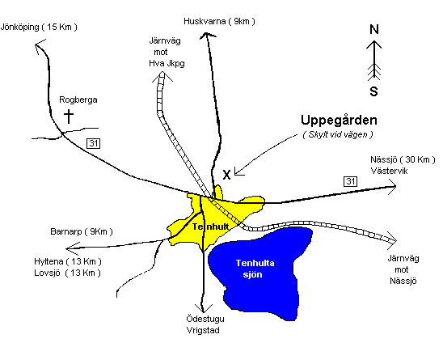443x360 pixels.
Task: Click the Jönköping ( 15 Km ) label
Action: coord(39,28)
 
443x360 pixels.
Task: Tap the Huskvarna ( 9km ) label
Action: coord(219,21)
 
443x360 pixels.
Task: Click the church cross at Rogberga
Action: coord(69,116)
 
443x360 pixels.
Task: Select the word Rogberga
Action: coord(78,100)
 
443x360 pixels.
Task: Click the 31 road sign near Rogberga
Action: coord(94,144)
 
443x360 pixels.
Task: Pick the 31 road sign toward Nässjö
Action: coord(351,181)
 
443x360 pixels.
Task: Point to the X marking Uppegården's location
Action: coord(226,175)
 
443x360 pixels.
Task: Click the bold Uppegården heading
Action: coord(339,121)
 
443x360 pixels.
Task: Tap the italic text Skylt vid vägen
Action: coord(338,134)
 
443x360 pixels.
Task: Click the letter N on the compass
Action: coord(374,29)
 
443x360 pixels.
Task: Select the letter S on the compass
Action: coord(373,91)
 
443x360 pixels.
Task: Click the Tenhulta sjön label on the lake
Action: coord(255,269)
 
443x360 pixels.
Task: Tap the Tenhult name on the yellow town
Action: coord(210,227)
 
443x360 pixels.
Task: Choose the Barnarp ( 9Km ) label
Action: coord(82,232)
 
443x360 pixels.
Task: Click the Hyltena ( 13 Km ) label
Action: coord(68,261)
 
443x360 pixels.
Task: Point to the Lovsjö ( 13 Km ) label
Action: coord(67,273)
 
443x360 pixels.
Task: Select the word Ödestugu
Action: coord(205,319)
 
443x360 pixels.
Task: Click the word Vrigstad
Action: coord(203,330)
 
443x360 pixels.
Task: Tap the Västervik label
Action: coord(390,171)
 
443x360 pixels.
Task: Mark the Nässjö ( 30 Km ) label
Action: coord(403,160)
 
